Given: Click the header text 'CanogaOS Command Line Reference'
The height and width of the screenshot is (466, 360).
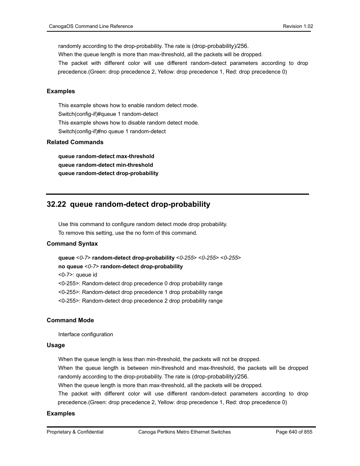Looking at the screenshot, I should pyautogui.click(x=91, y=26).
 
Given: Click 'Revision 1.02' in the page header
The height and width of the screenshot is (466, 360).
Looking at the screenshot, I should pyautogui.click(x=298, y=26).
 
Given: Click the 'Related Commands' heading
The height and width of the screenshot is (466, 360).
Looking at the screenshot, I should pyautogui.click(x=75, y=142).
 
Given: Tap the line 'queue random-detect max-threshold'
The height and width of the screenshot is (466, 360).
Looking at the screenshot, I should pyautogui.click(x=106, y=156).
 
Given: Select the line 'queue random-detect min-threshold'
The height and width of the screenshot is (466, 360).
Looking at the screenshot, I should pyautogui.click(x=106, y=165).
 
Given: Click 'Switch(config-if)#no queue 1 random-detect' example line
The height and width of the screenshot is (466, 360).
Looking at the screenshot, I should pyautogui.click(x=112, y=131).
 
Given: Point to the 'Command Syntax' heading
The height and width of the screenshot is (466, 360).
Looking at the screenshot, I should pyautogui.click(x=72, y=244).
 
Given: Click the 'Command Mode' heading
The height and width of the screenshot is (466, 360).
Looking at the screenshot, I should pyautogui.click(x=70, y=320).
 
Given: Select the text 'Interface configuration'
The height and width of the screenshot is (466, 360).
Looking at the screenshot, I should pyautogui.click(x=86, y=334).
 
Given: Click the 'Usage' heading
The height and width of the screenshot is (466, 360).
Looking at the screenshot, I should pyautogui.click(x=56, y=345).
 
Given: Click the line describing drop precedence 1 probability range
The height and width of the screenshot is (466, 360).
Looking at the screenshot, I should pyautogui.click(x=140, y=292).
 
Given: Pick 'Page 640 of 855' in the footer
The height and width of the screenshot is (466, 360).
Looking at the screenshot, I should pyautogui.click(x=294, y=432).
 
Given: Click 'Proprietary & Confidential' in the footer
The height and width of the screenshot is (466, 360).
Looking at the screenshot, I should pyautogui.click(x=75, y=432).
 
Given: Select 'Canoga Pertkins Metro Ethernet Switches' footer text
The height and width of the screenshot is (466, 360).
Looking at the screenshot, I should pyautogui.click(x=185, y=432).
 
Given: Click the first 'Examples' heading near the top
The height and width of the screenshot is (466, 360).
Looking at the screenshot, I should pyautogui.click(x=61, y=91).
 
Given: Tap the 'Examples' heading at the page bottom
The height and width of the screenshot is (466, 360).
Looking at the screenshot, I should pyautogui.click(x=61, y=414).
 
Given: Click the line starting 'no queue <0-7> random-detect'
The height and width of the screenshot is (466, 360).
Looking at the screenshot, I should pyautogui.click(x=120, y=266).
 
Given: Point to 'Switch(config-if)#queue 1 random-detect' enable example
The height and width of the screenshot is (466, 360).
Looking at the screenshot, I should pyautogui.click(x=108, y=114).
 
